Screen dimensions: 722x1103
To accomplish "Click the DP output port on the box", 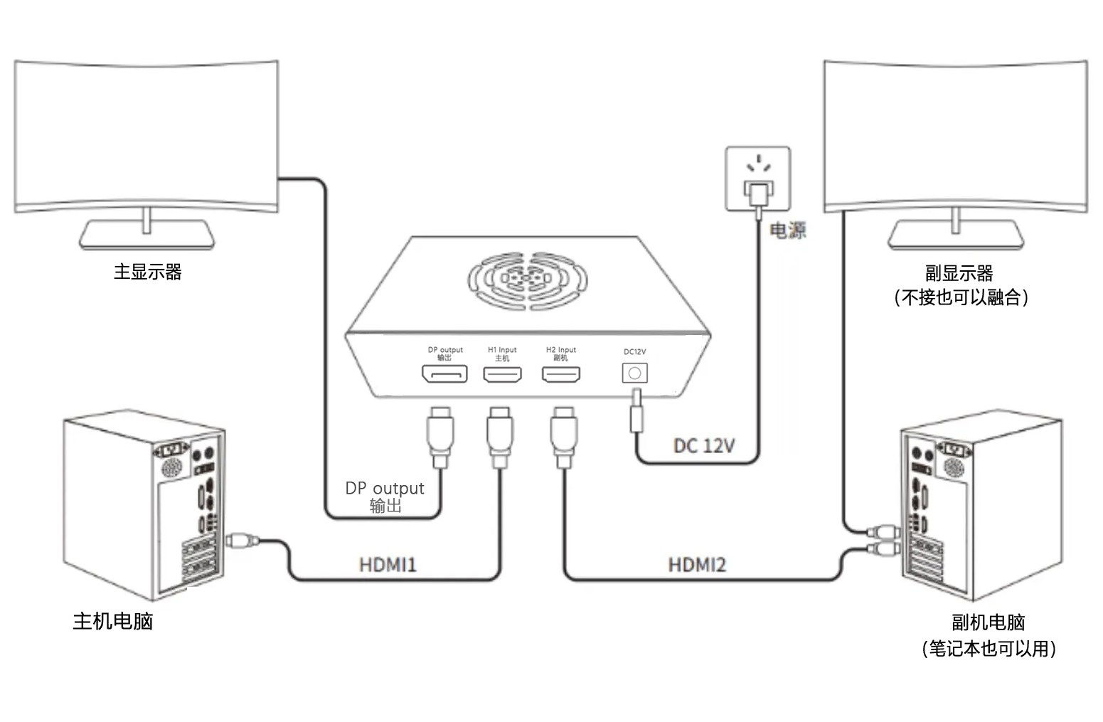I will click(444, 373).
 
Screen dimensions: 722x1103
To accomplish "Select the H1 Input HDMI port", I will click(502, 374).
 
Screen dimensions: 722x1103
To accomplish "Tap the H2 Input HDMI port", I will click(561, 374).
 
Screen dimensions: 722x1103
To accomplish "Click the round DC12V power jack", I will click(635, 373).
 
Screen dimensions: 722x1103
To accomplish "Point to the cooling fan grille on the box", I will click(528, 279).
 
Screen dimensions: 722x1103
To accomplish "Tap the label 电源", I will click(788, 230).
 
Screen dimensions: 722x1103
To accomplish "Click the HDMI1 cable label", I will click(388, 566).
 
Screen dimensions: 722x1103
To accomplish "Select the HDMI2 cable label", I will click(697, 566).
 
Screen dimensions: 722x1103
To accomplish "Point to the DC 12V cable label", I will click(704, 446).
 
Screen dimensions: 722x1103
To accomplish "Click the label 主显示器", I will click(148, 272).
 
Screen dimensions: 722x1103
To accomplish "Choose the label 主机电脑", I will click(113, 621).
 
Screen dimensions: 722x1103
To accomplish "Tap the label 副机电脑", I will click(988, 622).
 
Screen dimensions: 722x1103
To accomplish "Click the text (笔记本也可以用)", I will click(989, 649).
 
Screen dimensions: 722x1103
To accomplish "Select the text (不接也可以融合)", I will click(961, 297).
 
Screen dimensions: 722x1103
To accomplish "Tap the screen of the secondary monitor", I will click(955, 135).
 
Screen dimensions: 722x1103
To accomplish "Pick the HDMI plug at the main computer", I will click(243, 541).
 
